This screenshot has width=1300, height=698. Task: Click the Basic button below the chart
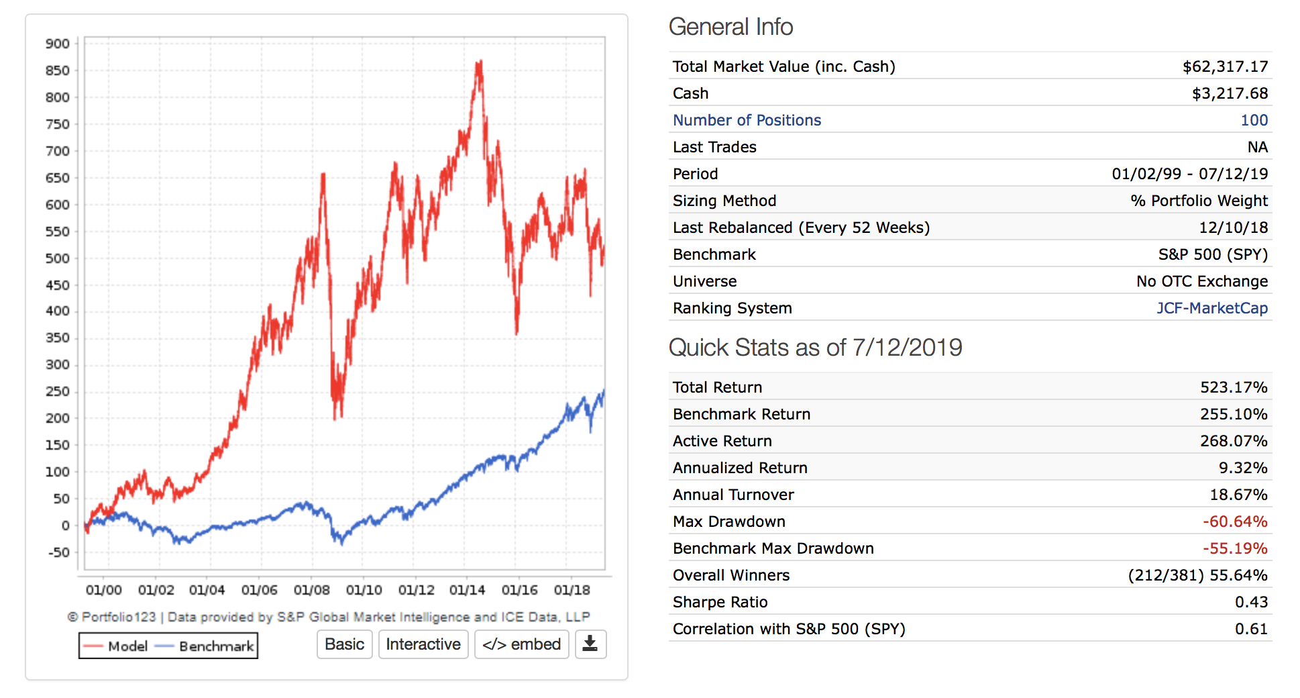344,644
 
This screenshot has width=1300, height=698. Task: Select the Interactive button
423,644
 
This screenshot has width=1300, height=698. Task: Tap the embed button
521,644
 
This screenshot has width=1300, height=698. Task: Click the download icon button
590,644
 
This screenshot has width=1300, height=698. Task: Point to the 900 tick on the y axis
58,44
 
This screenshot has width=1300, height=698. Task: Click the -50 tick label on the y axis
58,552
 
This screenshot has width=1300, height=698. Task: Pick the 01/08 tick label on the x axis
312,590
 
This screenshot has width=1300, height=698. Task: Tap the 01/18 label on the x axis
572,590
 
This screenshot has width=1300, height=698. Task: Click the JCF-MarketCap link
1211,308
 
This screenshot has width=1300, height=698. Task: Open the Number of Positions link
747,120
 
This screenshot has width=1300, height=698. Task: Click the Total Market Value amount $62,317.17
1225,66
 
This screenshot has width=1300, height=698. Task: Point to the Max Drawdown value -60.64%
1234,521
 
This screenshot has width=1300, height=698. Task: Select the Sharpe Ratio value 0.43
1251,602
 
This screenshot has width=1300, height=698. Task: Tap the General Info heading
730,27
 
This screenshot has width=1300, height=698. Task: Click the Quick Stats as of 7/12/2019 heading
815,348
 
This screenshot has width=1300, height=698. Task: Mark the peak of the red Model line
480,62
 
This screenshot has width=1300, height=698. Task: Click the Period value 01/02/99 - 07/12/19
1189,174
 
